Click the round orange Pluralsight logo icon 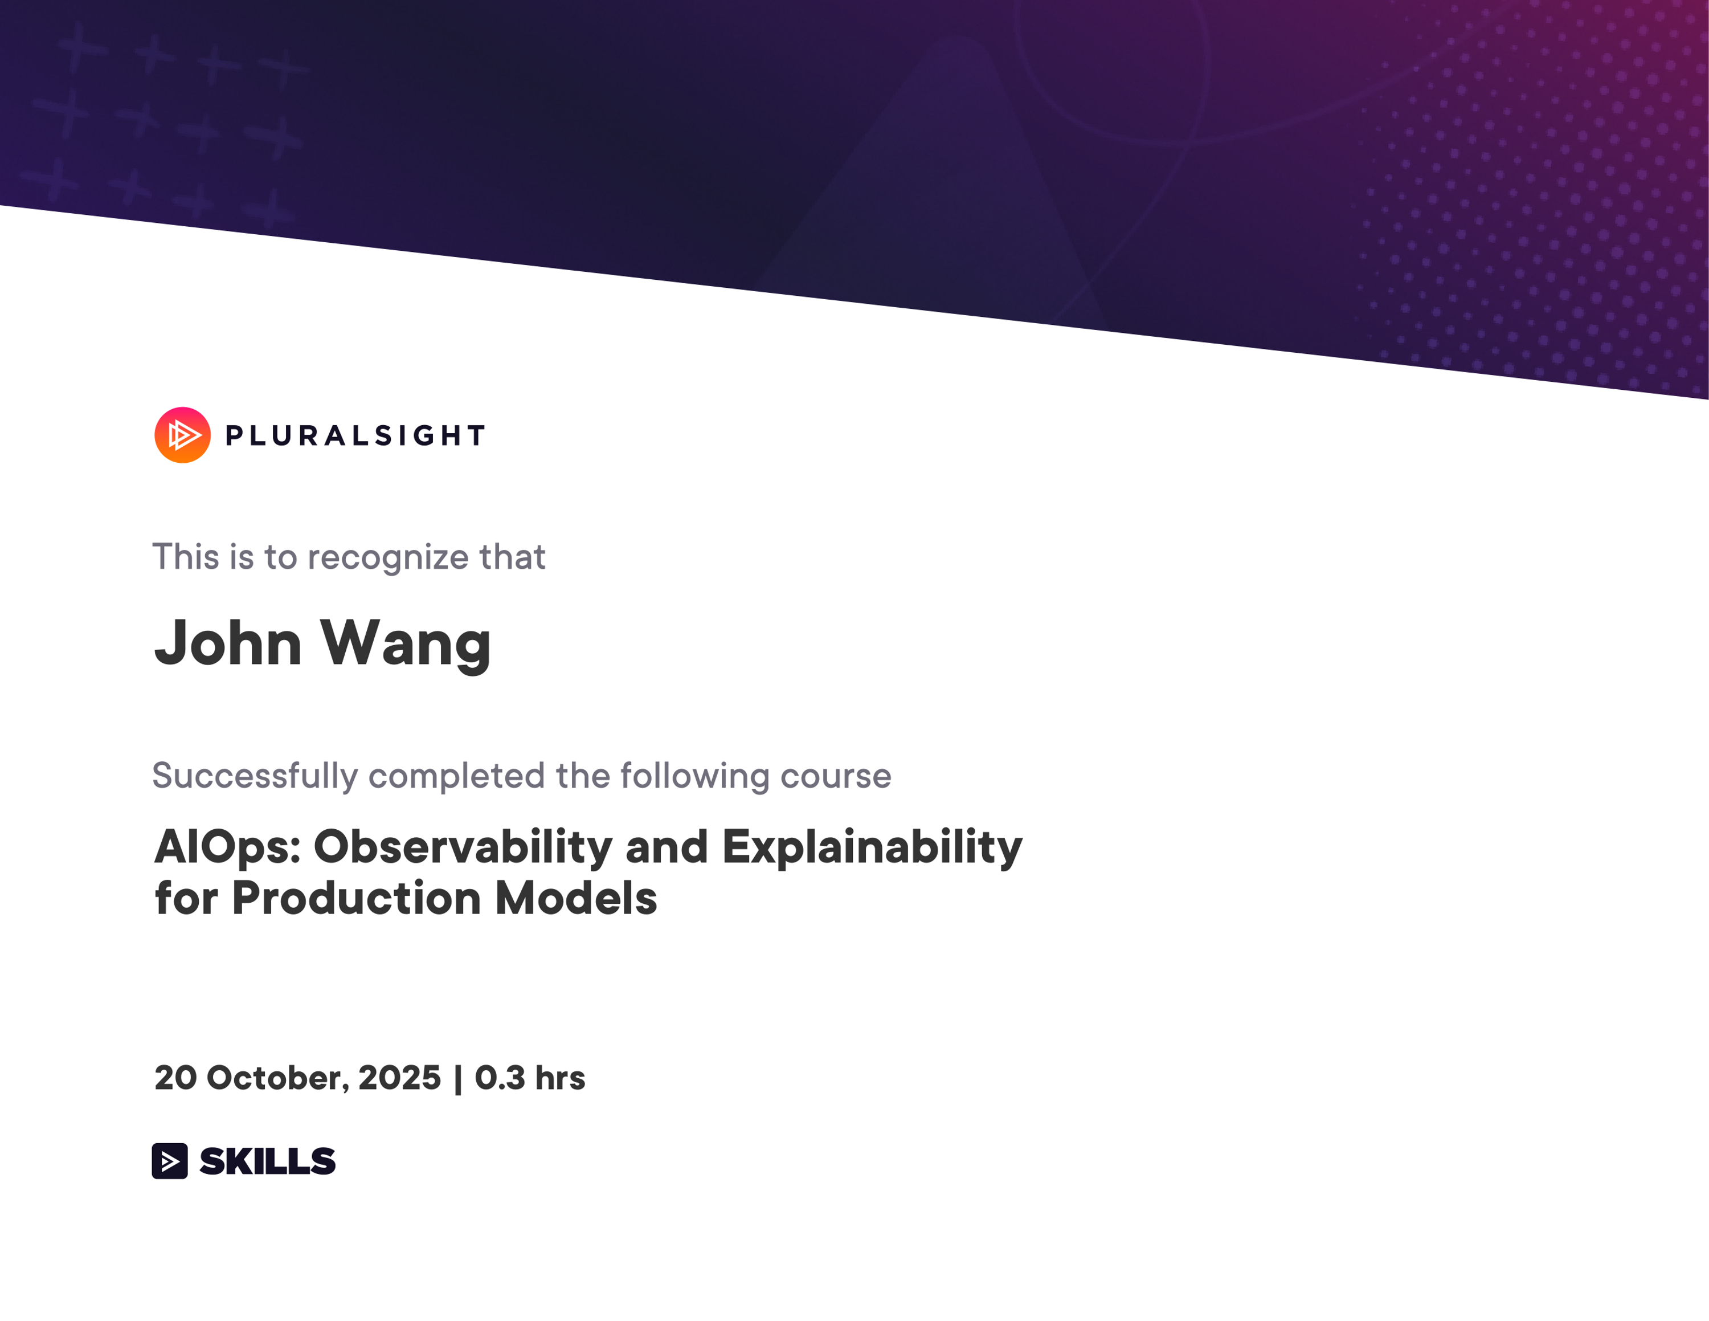click(182, 435)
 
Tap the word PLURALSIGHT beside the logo click(355, 436)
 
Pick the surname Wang click(406, 644)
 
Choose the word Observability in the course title click(463, 847)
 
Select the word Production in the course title click(356, 898)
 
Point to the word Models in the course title click(576, 898)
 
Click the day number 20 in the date click(175, 1078)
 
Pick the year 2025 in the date click(399, 1078)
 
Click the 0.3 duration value click(499, 1078)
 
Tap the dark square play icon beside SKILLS click(170, 1160)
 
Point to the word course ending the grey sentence click(836, 776)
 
